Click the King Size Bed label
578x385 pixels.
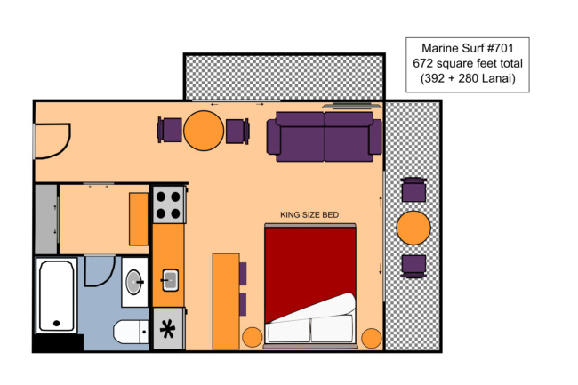[x=309, y=215]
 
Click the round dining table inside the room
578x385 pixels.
[x=204, y=131]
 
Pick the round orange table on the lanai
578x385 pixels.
[x=413, y=228]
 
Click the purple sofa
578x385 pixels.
[x=325, y=137]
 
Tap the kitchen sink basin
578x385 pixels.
[x=171, y=280]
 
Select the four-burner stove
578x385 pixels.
[x=169, y=205]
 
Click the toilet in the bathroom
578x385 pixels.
[x=131, y=332]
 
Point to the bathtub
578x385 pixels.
[x=56, y=295]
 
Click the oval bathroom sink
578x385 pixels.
[x=133, y=282]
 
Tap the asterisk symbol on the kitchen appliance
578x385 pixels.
[x=167, y=329]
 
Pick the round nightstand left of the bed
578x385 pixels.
[x=253, y=337]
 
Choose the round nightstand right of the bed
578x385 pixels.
[x=371, y=338]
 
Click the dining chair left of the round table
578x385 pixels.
[x=170, y=130]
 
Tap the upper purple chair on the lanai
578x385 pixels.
[x=413, y=189]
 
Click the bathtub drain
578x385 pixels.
[x=56, y=323]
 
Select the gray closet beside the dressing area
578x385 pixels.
[x=46, y=220]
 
